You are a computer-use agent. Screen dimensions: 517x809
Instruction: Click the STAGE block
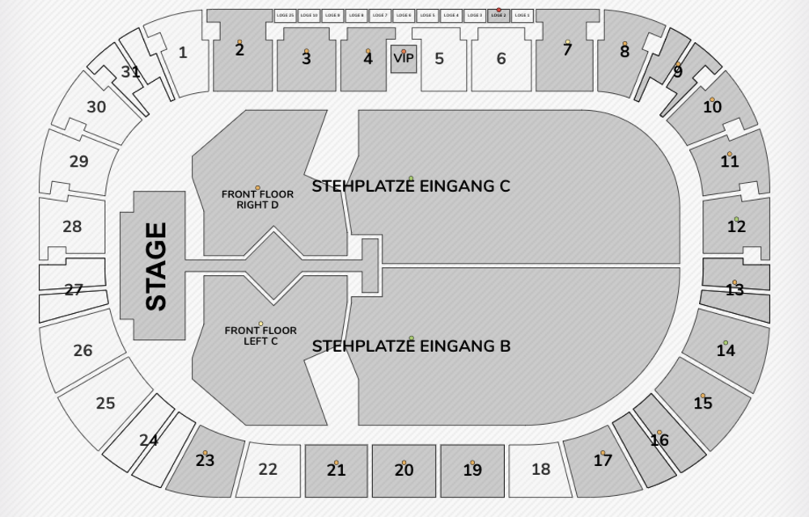154,266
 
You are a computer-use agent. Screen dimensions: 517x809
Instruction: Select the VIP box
403,60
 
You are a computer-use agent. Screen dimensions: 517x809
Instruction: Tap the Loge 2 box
498,15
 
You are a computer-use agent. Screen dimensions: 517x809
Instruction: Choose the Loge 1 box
522,15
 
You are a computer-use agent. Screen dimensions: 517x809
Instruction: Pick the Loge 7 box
379,15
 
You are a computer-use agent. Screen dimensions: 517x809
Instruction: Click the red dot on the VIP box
403,51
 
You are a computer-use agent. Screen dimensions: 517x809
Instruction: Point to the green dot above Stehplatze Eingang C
411,178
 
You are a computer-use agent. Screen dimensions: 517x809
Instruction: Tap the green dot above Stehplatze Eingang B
411,338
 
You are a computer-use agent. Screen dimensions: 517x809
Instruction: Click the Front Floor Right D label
257,199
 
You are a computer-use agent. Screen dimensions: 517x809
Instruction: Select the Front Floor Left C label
260,336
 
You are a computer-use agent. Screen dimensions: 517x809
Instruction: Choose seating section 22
268,469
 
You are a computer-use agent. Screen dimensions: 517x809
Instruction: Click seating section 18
540,469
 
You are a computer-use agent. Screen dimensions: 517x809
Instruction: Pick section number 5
439,59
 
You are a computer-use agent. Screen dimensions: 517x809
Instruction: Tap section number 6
502,59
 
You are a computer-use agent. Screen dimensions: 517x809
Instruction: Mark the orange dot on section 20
404,463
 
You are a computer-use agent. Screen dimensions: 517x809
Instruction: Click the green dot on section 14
726,343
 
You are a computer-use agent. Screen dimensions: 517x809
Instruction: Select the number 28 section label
72,227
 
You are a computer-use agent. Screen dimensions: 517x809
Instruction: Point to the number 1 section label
183,53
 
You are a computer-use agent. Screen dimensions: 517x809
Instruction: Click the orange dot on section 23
205,453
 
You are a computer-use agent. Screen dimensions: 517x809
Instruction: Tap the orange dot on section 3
306,51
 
